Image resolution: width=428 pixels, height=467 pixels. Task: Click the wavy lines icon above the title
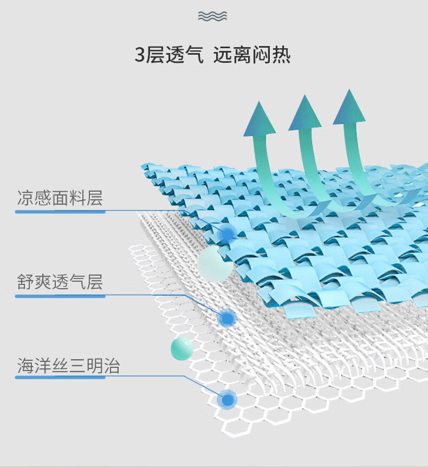(212, 16)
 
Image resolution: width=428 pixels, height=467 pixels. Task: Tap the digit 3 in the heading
(140, 55)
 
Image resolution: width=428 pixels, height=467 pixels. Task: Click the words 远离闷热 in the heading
(252, 55)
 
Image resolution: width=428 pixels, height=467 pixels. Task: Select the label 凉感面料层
(60, 198)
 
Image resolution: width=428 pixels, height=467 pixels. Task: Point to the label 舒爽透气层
(60, 282)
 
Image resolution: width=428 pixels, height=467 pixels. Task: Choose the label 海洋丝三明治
(68, 366)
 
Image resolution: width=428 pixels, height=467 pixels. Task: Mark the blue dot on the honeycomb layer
(228, 399)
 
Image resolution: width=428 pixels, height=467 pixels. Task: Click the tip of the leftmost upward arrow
(259, 101)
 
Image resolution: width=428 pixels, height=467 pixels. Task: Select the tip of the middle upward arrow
(304, 95)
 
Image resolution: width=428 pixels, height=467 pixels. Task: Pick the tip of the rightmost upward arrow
(349, 89)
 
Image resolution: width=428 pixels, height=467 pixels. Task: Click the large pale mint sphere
(215, 264)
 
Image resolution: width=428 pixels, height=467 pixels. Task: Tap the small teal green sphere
(182, 349)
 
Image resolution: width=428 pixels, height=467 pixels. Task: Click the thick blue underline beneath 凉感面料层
(60, 212)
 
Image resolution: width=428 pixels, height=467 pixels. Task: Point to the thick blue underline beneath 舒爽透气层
(60, 296)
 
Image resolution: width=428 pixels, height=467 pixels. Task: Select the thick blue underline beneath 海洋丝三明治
(60, 378)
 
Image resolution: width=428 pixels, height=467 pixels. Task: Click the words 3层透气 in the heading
(169, 55)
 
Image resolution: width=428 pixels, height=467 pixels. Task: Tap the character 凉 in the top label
(25, 198)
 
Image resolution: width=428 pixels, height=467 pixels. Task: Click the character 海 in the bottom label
(25, 366)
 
